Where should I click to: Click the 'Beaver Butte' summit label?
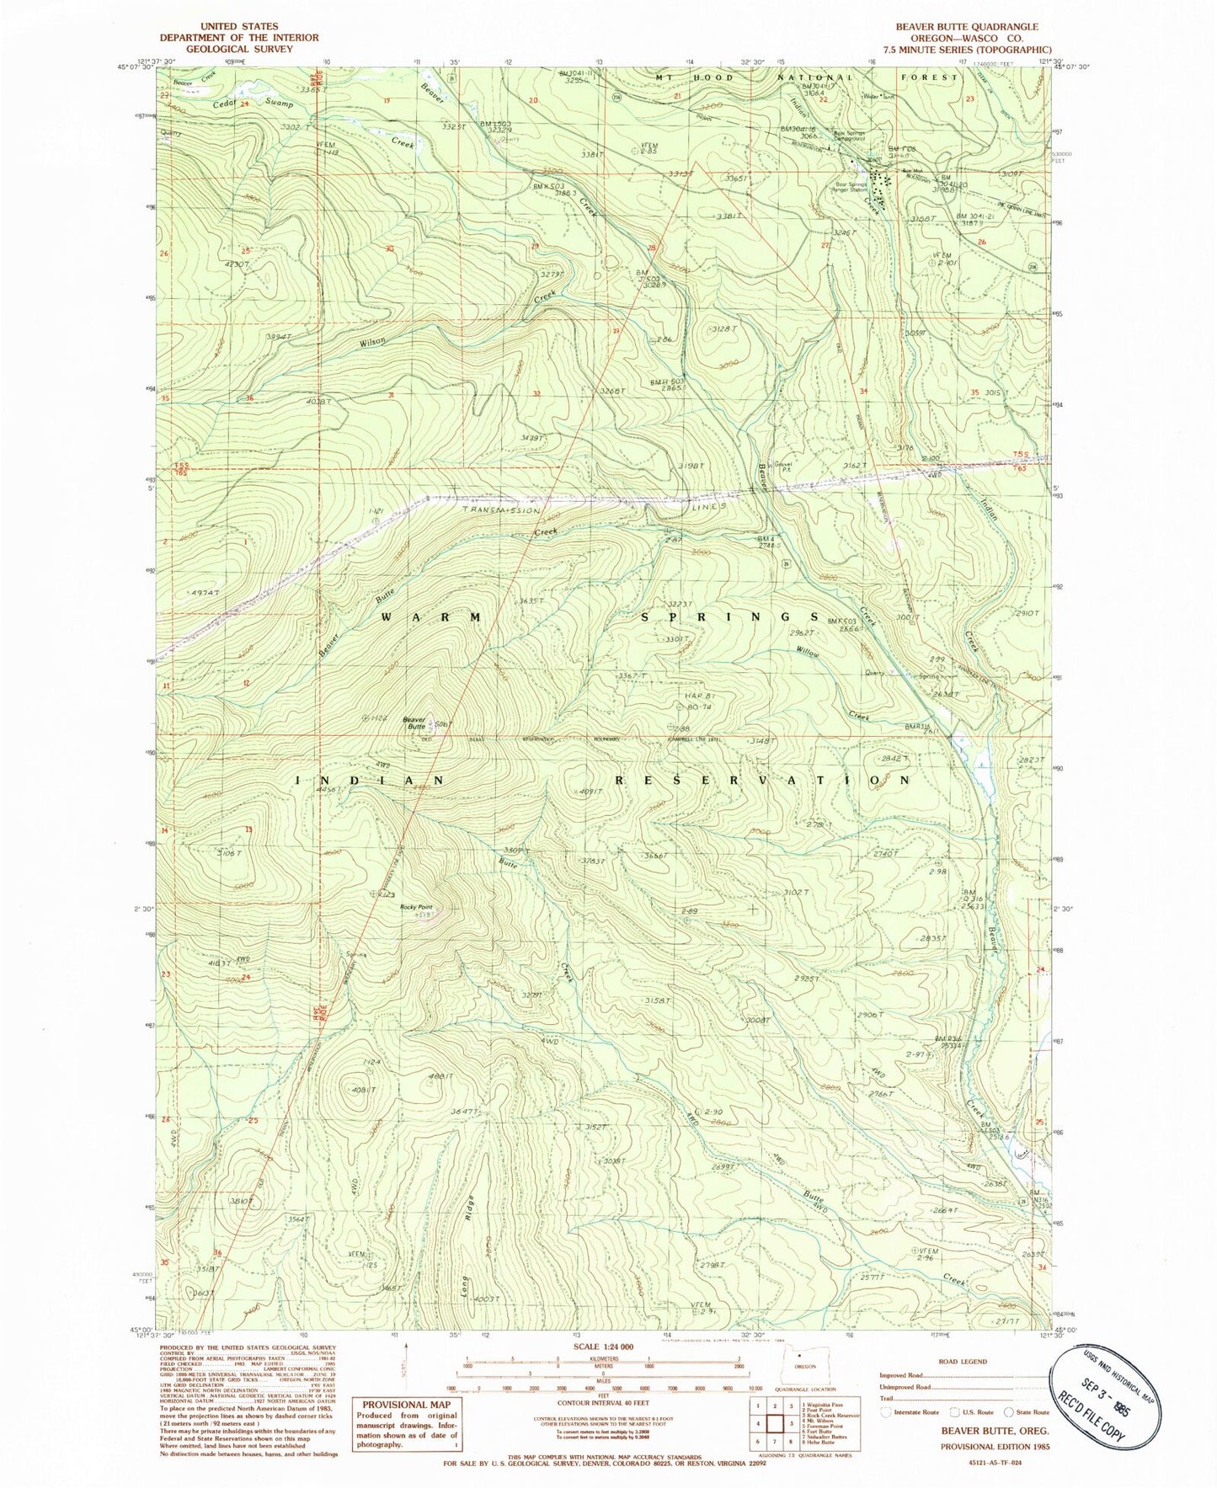[x=414, y=723]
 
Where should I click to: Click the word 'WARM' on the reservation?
[x=430, y=617]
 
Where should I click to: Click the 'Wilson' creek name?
[x=372, y=342]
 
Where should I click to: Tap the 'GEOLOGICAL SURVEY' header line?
[x=239, y=49]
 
